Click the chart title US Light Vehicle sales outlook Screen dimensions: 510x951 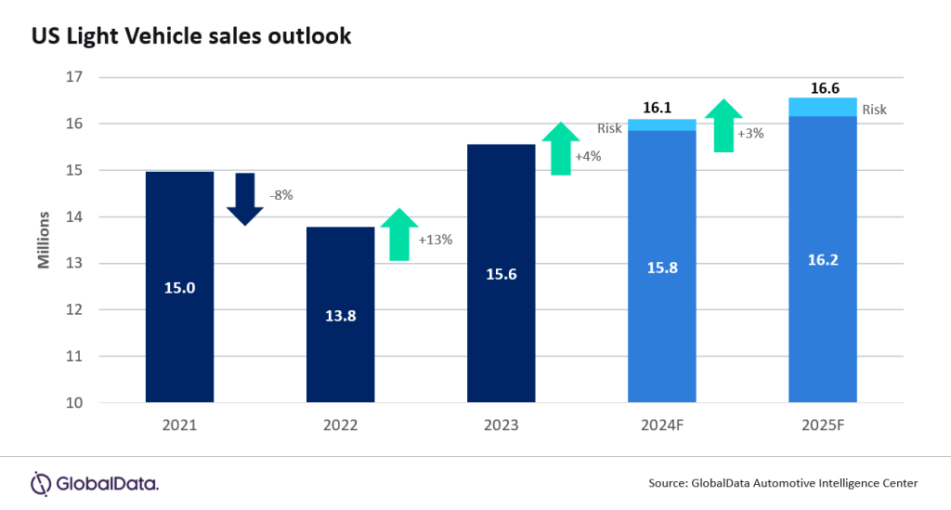tap(191, 36)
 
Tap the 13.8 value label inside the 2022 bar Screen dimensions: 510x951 tap(340, 315)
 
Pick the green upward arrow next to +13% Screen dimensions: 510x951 tap(399, 234)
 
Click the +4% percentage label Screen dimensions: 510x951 tap(588, 156)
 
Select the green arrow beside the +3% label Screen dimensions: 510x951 tap(723, 125)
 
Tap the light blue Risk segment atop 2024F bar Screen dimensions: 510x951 tap(661, 124)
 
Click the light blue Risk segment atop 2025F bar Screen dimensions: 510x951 tap(822, 107)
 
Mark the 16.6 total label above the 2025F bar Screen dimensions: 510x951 tap(822, 87)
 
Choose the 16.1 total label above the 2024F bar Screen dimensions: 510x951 tap(657, 108)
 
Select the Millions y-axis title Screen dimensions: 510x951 tap(44, 240)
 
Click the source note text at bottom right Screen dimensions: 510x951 tap(784, 483)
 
